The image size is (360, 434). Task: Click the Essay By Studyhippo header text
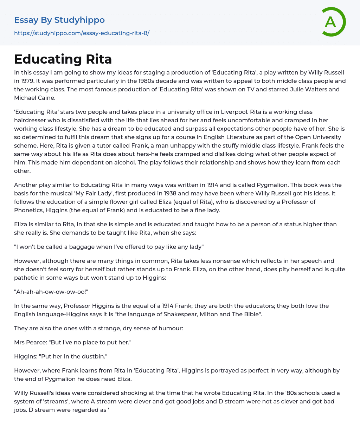pyautogui.click(x=59, y=20)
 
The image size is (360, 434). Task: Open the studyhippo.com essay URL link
pyautogui.click(x=82, y=33)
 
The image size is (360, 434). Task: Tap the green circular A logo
pyautogui.click(x=332, y=22)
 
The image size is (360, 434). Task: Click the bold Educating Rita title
pyautogui.click(x=63, y=59)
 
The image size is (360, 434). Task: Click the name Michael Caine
pyautogui.click(x=34, y=98)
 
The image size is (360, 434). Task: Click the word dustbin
pyautogui.click(x=93, y=356)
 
